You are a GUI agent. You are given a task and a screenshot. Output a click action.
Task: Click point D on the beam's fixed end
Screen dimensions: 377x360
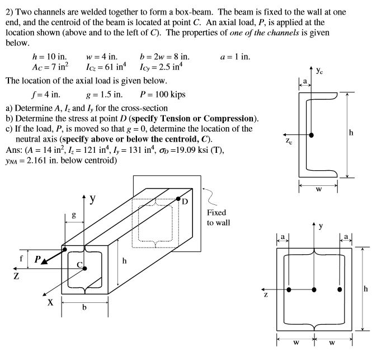[178, 199]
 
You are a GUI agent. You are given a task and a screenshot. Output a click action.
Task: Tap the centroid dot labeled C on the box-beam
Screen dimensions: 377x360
[85, 268]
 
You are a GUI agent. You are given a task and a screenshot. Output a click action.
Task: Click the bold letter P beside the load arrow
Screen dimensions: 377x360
[37, 259]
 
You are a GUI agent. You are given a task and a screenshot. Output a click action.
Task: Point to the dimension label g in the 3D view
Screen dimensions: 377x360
[73, 214]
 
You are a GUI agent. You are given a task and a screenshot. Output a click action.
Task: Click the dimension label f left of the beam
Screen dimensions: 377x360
[22, 259]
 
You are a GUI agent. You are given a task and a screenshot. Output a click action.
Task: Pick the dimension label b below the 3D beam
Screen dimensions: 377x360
[84, 312]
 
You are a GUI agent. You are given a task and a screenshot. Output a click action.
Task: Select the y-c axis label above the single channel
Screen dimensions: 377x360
[319, 71]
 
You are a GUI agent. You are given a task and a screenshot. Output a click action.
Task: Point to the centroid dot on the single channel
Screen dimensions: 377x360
[312, 135]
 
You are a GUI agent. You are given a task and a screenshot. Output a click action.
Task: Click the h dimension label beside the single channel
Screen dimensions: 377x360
[351, 133]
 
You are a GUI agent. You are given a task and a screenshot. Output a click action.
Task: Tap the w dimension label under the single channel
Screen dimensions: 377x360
[318, 188]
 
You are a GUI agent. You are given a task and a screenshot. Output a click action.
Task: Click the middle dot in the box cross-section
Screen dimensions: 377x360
[314, 289]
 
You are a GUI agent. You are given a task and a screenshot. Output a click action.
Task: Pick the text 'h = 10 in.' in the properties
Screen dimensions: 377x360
[50, 57]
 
